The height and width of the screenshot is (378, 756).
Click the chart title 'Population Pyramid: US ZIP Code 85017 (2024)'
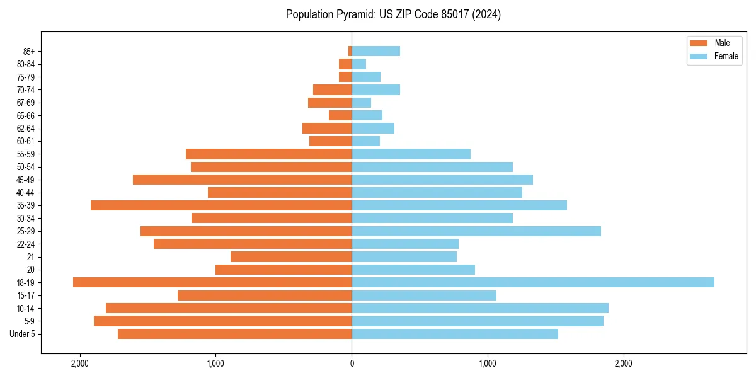click(x=393, y=14)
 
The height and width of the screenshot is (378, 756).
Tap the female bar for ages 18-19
click(x=533, y=282)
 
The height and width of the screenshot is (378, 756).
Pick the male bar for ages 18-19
click(x=212, y=282)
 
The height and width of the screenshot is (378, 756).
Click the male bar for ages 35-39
click(x=221, y=205)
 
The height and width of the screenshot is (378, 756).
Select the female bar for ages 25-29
click(x=476, y=231)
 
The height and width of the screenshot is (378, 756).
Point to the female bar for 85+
click(x=375, y=51)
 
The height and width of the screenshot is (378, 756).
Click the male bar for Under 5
click(x=234, y=334)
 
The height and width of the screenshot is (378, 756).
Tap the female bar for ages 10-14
click(x=480, y=308)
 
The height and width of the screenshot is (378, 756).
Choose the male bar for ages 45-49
click(x=243, y=180)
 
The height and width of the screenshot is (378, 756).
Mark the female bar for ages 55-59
click(x=411, y=154)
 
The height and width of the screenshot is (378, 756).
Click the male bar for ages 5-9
click(x=222, y=321)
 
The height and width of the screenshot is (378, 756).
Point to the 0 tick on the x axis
click(x=352, y=364)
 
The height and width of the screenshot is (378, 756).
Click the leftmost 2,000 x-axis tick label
click(x=80, y=364)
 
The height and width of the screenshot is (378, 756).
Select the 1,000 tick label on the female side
click(x=487, y=364)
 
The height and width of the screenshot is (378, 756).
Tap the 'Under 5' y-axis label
click(x=23, y=334)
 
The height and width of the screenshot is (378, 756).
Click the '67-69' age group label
click(x=26, y=103)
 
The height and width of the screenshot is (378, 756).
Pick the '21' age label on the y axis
click(x=31, y=257)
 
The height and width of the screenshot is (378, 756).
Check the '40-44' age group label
click(x=26, y=193)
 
